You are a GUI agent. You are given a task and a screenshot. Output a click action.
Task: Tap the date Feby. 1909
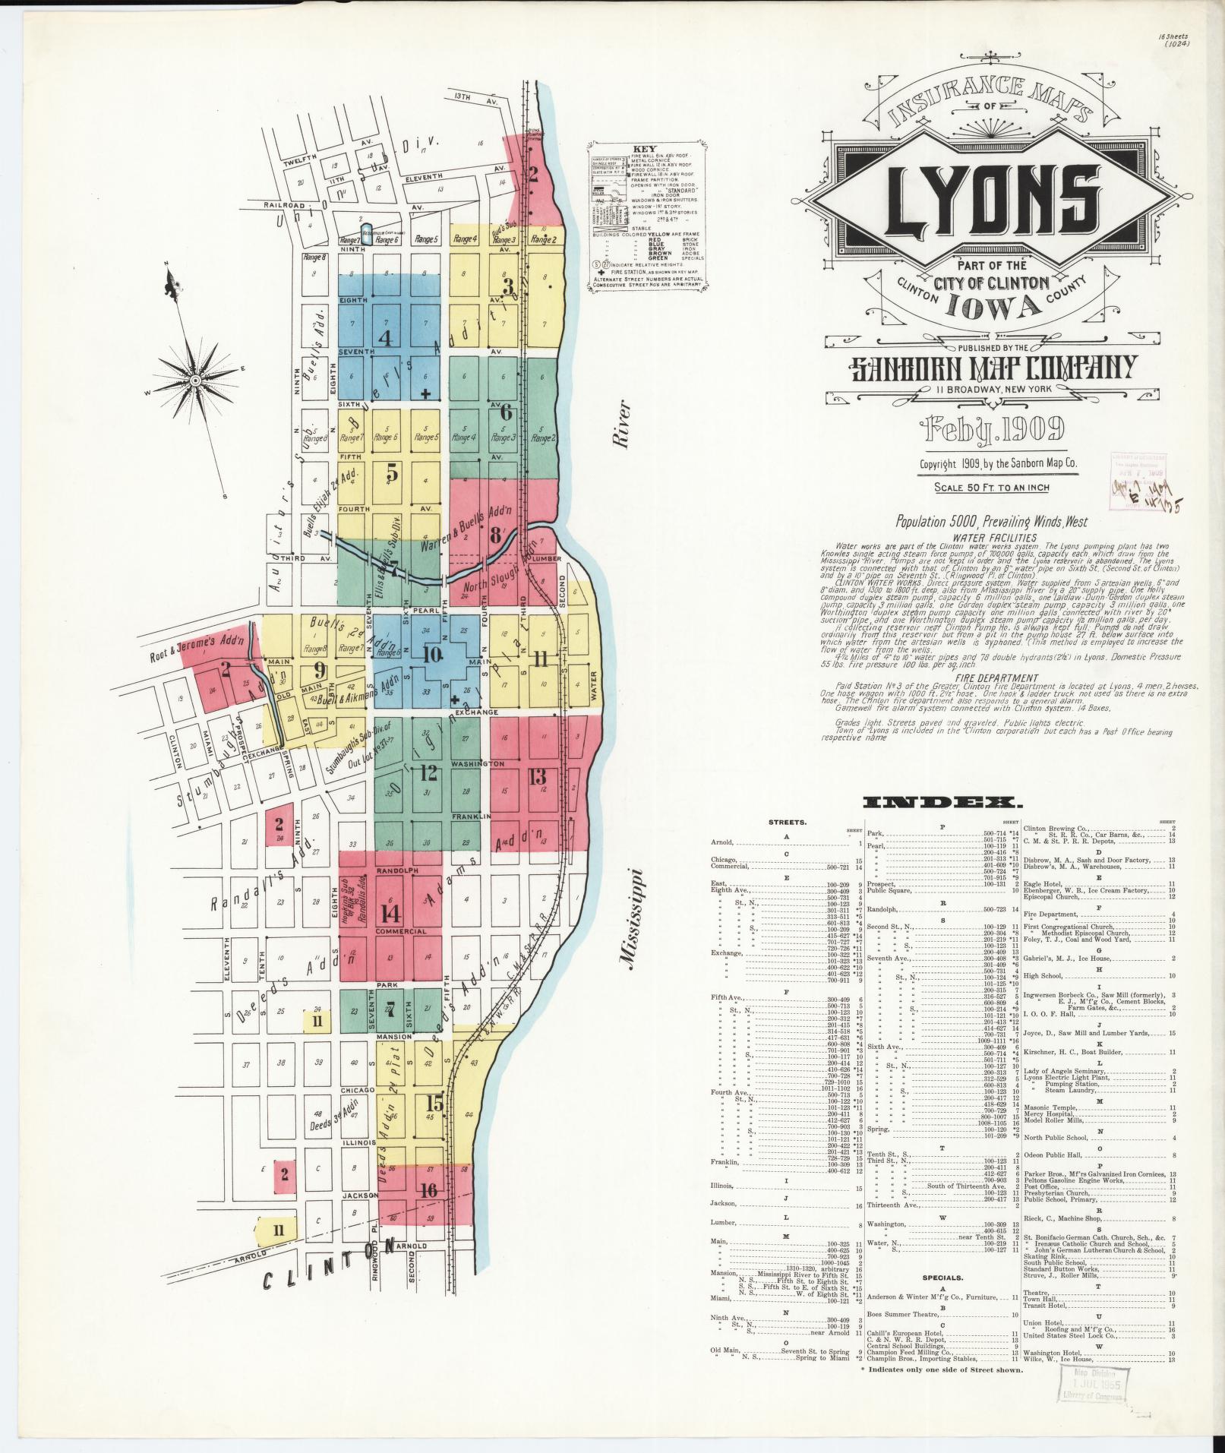click(x=992, y=430)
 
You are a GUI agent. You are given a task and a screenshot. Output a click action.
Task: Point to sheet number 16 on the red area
click(x=429, y=1211)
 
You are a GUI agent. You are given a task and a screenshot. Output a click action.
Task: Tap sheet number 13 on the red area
click(x=538, y=776)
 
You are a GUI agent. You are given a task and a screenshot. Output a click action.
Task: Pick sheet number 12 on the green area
click(x=428, y=773)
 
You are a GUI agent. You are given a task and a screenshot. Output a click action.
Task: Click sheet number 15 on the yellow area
click(x=434, y=1102)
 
